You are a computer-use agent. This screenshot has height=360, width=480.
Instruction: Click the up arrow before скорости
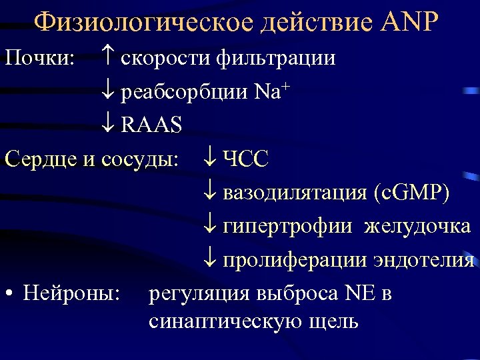111,59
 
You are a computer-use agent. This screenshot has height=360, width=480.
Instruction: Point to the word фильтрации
275,59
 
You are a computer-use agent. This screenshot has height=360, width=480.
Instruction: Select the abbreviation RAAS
151,125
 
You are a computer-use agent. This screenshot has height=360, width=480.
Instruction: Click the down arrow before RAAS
111,125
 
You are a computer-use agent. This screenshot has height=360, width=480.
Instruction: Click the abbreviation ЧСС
245,159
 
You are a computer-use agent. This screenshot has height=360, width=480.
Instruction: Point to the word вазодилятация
294,193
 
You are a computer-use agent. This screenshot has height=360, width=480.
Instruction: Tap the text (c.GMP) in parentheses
411,193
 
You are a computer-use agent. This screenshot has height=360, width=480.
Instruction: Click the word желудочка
417,226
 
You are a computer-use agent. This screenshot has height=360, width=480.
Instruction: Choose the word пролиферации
294,259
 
